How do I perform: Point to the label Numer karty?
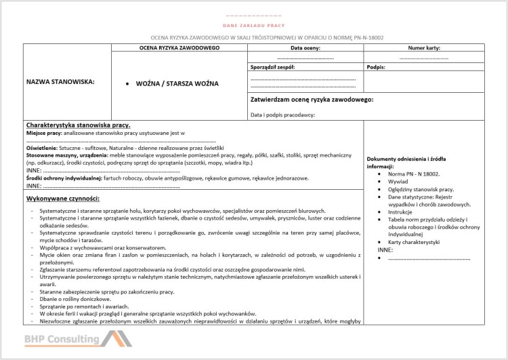click(425, 48)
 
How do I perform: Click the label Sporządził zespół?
click(272, 68)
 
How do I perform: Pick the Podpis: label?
click(376, 68)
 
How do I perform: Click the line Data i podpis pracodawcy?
click(282, 115)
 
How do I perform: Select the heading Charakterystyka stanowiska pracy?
click(77, 125)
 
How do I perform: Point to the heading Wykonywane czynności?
click(63, 198)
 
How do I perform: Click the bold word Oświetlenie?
click(42, 147)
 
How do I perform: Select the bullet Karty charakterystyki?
click(415, 242)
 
